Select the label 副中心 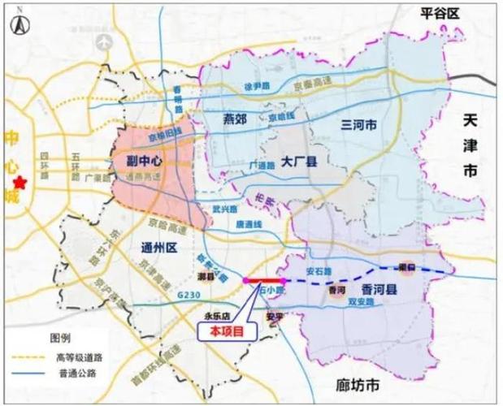pos(146,160)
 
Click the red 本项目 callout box pos(224,330)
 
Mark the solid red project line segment pos(262,280)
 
